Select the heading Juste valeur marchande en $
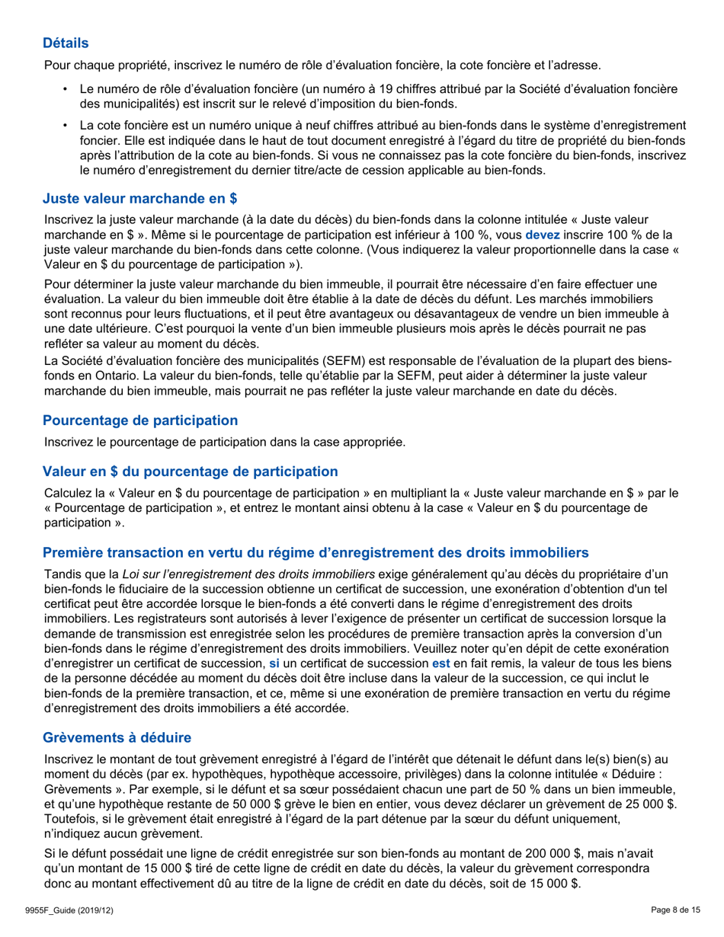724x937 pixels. [140, 200]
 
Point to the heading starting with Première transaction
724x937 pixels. [316, 552]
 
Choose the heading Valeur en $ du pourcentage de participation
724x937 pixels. [191, 472]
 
